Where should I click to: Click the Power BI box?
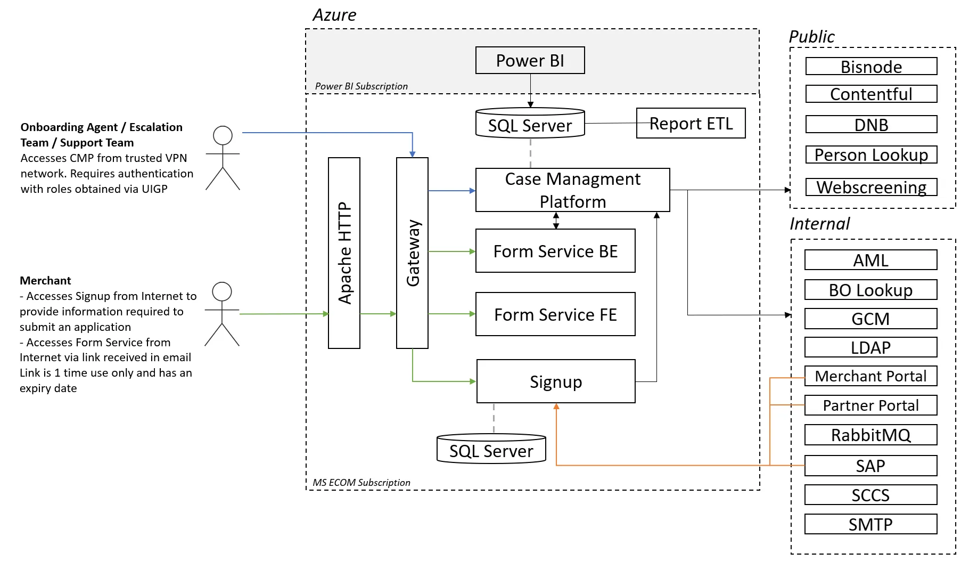530,60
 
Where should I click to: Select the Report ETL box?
690,124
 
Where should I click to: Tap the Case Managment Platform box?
572,190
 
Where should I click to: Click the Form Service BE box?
555,251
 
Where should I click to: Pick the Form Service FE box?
555,314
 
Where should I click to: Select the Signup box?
556,381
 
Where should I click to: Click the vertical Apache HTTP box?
344,253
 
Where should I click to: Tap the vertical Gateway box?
412,253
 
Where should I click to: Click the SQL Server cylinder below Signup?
491,449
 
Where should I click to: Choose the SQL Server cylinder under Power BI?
530,124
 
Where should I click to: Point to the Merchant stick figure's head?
222,291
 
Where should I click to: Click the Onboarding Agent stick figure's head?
223,135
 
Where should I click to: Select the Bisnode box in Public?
871,67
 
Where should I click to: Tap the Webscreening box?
871,187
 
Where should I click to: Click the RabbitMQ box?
870,435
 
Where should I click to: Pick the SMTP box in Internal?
870,524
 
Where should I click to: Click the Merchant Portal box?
870,376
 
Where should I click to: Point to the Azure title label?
334,15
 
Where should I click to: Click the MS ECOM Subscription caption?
361,483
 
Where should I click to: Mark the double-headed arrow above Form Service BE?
556,221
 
